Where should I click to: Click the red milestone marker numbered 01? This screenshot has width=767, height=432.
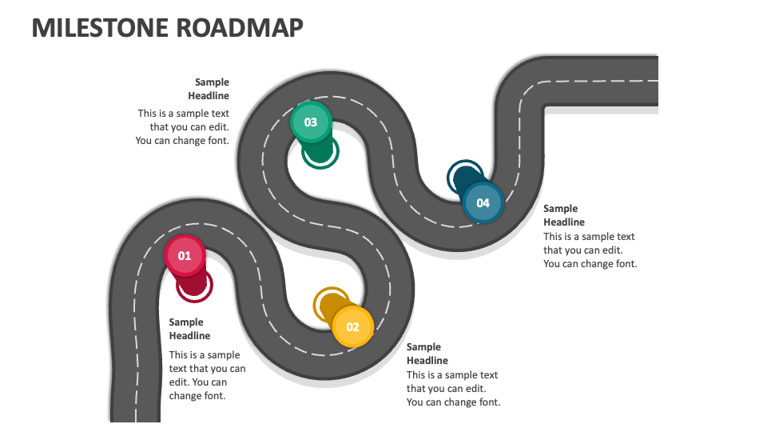coord(185,256)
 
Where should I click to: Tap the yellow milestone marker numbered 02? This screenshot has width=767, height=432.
coord(352,326)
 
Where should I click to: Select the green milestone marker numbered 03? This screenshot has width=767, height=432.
coord(310,122)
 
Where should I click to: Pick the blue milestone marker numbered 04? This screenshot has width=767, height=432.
coord(483,202)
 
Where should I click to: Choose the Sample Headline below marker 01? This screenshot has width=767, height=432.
coord(189,329)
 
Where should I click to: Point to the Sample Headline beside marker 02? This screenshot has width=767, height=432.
coord(427,354)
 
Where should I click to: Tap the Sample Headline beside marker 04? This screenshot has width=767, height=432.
coord(564,215)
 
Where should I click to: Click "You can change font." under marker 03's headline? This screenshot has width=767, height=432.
coord(182,141)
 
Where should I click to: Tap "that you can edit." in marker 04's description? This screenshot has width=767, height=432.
coord(582,250)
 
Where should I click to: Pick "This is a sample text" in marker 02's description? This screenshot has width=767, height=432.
coord(452,375)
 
